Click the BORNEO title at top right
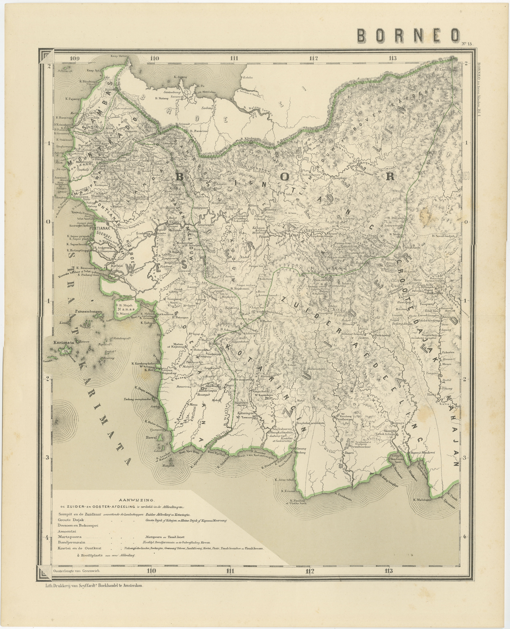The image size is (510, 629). click(408, 36)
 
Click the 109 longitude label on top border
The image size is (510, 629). click(75, 58)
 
